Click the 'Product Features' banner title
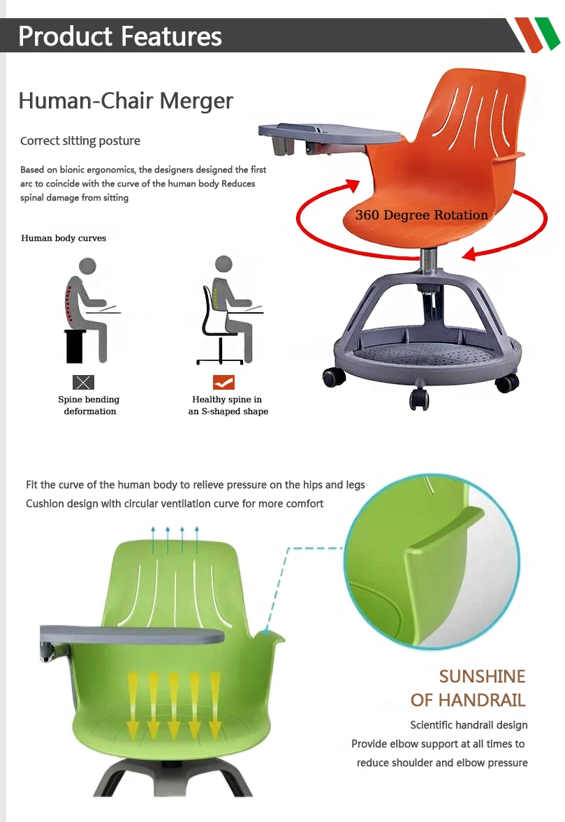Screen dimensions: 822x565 (x=120, y=36)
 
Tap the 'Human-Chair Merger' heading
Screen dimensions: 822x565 (x=126, y=101)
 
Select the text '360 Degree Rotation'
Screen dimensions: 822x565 (x=421, y=215)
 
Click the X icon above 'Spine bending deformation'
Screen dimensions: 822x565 (x=83, y=382)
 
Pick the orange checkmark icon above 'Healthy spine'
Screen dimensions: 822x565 (x=223, y=382)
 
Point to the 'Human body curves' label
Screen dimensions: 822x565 (x=64, y=238)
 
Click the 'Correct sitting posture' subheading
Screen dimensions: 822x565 (x=80, y=141)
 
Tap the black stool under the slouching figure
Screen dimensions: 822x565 (x=75, y=346)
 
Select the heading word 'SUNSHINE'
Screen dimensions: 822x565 (x=482, y=676)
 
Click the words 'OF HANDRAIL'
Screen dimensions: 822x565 (x=468, y=700)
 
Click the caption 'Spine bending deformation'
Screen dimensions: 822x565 (x=89, y=406)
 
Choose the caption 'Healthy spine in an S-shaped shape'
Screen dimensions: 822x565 (x=228, y=406)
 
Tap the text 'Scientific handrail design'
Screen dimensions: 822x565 (x=469, y=725)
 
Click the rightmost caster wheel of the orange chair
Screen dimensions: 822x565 (x=508, y=382)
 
